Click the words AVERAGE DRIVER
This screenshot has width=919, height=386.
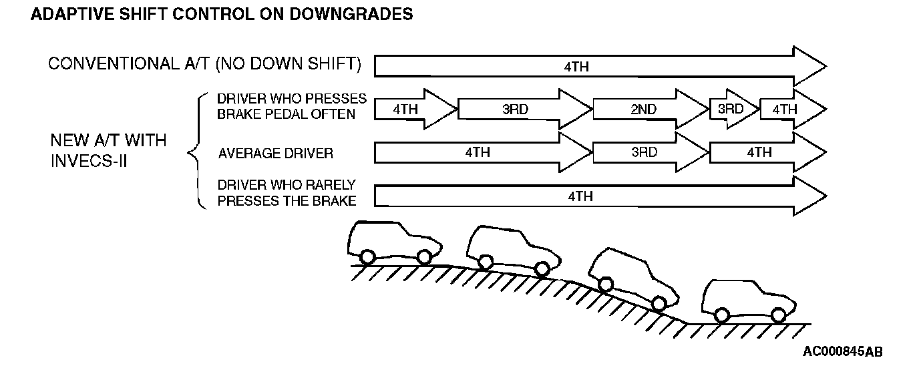[x=275, y=154]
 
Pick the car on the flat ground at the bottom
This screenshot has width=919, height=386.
[x=748, y=301]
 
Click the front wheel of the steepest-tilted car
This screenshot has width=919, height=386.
[x=659, y=304]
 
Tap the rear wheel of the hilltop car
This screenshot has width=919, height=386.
[x=367, y=256]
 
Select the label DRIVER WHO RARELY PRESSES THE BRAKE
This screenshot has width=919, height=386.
[x=287, y=192]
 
